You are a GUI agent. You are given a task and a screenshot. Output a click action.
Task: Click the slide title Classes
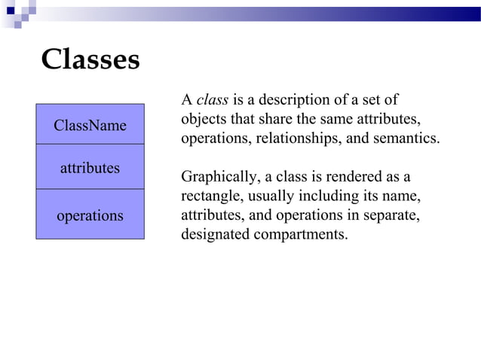[x=90, y=59]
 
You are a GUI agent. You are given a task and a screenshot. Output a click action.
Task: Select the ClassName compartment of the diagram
[x=90, y=125]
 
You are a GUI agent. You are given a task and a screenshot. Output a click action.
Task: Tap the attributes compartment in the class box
[x=90, y=168]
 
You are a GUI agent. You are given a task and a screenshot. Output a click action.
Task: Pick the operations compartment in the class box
[x=90, y=215]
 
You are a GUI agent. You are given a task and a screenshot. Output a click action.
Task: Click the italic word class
[x=212, y=100]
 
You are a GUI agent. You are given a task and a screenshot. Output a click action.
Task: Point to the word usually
[x=274, y=197]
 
